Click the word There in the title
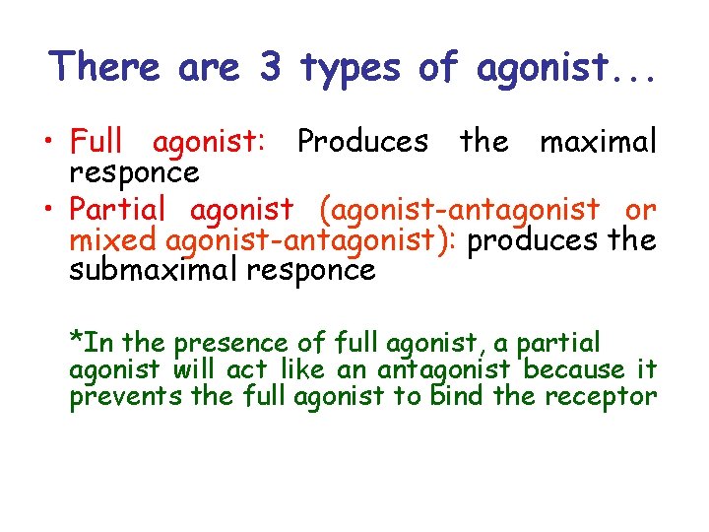point(104,67)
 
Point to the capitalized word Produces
point(362,142)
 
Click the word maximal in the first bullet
point(597,142)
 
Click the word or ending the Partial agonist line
point(640,210)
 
